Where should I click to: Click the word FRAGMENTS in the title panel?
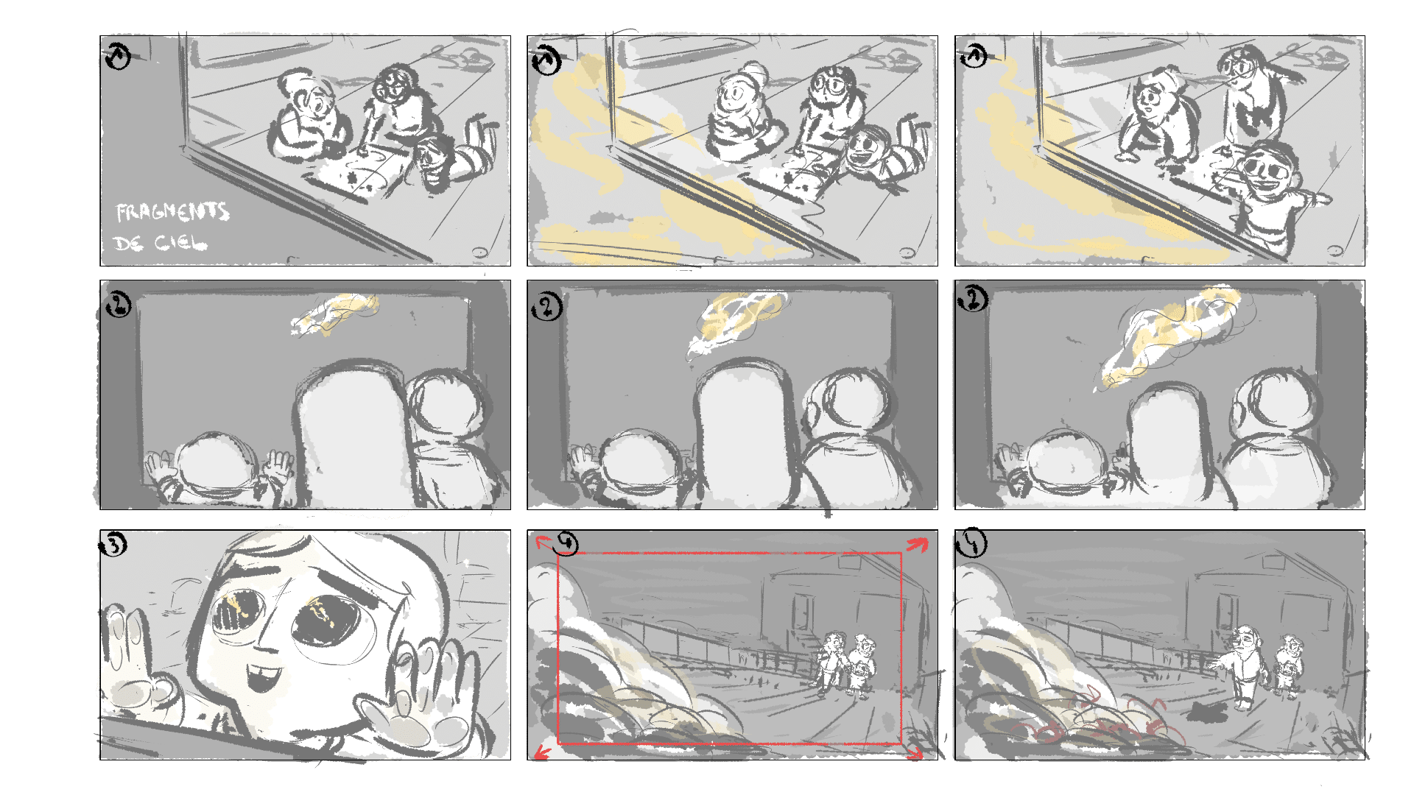(x=172, y=212)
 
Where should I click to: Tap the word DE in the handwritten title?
(x=128, y=243)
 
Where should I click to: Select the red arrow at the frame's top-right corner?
(x=916, y=545)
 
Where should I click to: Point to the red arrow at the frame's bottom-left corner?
(x=543, y=752)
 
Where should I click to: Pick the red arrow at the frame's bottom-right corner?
(x=914, y=752)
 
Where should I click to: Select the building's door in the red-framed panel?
(x=801, y=612)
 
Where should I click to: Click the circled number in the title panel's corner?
(x=118, y=56)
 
